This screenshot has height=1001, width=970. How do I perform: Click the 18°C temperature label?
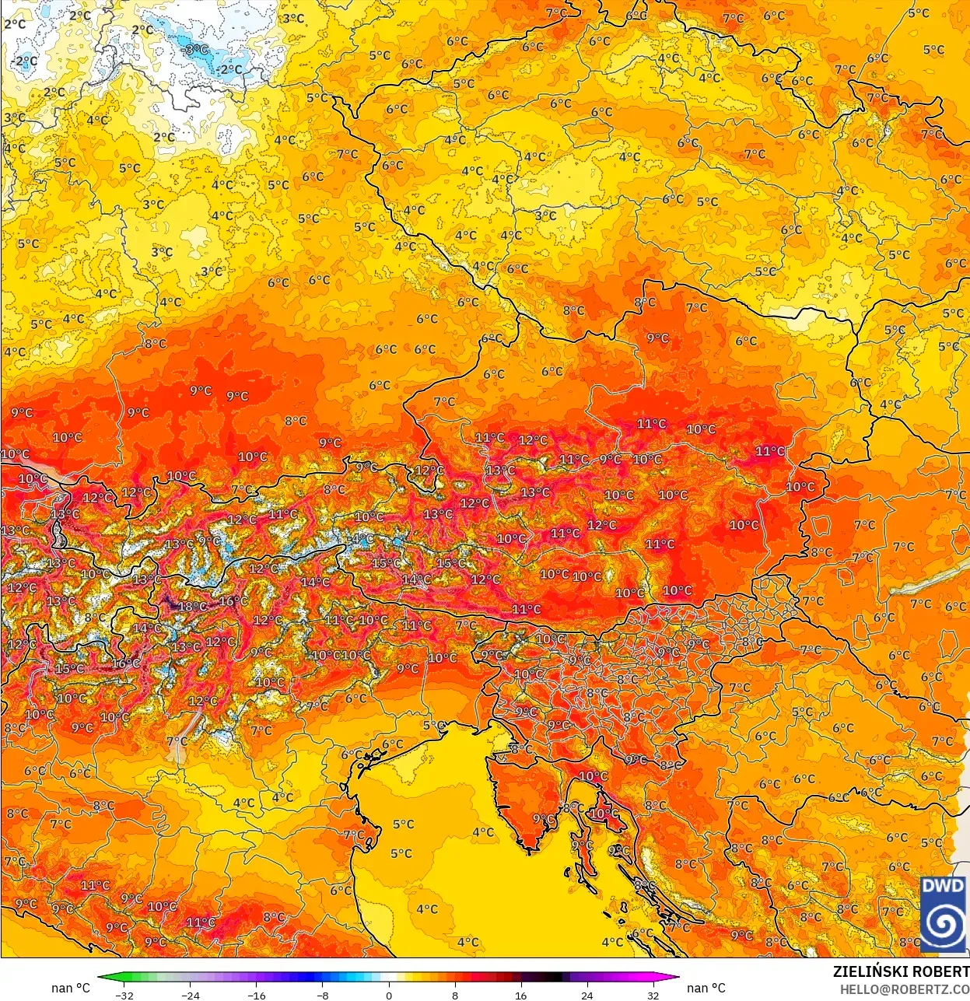[x=192, y=607]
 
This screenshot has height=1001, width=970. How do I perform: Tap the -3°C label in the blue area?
[x=197, y=50]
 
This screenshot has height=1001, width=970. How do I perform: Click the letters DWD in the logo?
[x=943, y=886]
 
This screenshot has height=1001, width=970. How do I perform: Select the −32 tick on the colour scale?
[x=124, y=995]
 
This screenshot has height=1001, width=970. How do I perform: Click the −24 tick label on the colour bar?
[x=190, y=995]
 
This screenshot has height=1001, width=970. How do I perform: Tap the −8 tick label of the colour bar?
[x=323, y=995]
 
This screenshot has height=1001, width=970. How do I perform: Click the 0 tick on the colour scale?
[x=389, y=995]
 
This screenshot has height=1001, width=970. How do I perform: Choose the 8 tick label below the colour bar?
[x=455, y=995]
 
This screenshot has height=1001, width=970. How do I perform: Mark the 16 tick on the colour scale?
[x=520, y=995]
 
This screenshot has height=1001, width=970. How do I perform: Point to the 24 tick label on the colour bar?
[x=587, y=995]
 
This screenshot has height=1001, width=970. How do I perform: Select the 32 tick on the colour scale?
[x=653, y=995]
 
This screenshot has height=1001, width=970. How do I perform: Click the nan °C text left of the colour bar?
[x=71, y=988]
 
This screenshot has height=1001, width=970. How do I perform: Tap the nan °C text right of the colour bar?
[x=706, y=988]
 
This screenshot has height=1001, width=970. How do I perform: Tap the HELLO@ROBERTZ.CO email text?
[x=904, y=989]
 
